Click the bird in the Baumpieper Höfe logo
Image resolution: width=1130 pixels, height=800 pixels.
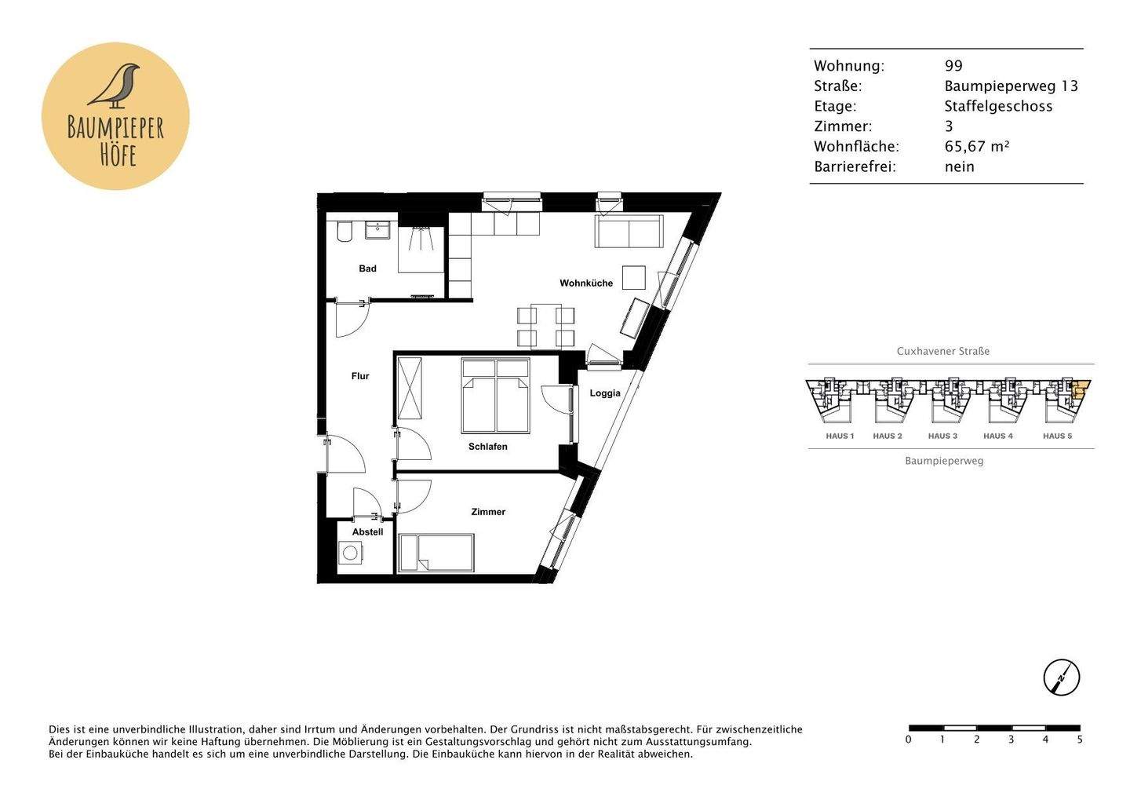[115, 85]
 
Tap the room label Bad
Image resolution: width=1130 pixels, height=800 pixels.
[367, 268]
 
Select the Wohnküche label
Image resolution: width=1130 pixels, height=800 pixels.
[585, 283]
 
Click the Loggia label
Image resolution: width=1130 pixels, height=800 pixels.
[605, 393]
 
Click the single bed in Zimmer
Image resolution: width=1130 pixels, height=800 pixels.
[436, 553]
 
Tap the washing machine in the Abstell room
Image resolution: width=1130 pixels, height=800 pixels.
[350, 553]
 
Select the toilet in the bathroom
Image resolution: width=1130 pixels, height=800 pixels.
[344, 232]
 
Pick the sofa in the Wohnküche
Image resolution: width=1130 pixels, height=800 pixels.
[629, 232]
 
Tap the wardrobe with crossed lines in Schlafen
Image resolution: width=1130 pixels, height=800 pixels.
[410, 388]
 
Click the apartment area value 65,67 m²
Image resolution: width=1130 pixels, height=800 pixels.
[976, 146]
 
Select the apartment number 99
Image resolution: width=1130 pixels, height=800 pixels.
[953, 66]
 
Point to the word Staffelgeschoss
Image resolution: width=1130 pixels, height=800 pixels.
[998, 106]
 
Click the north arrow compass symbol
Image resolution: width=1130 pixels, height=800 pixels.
[1061, 677]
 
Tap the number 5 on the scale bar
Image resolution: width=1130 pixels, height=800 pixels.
[1080, 740]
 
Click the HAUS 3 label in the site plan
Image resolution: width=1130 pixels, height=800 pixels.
[942, 436]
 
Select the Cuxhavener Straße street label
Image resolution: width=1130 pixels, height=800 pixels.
[942, 351]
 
